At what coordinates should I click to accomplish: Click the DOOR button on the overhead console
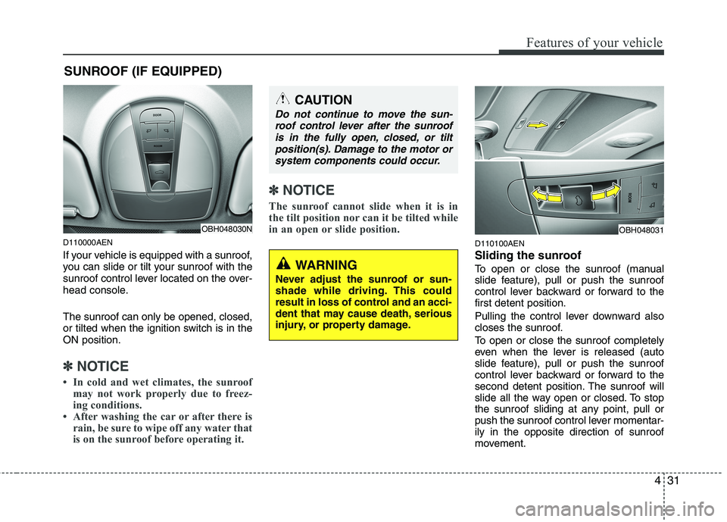pos(158,114)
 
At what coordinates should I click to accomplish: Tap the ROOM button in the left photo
pos(158,145)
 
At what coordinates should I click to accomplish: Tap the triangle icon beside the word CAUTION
pos(282,98)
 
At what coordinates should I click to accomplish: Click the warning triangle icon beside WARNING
pos(283,264)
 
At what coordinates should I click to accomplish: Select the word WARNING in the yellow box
pos(326,265)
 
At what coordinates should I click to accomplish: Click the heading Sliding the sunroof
pos(528,256)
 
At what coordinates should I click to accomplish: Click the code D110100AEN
pos(501,243)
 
